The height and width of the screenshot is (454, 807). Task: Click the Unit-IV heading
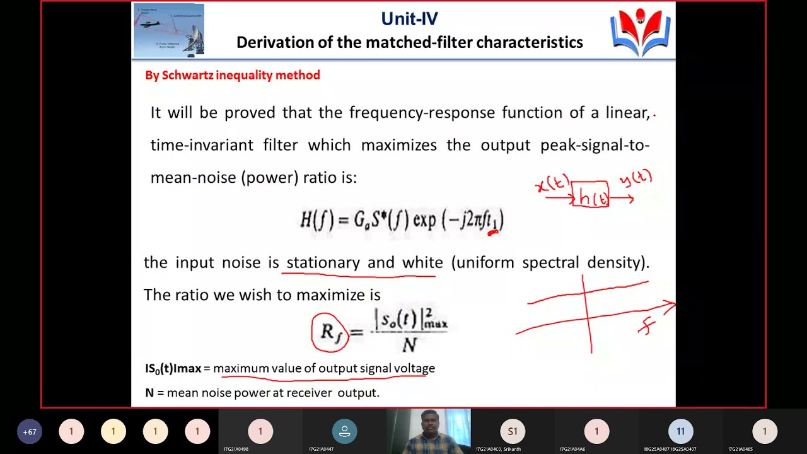tap(409, 19)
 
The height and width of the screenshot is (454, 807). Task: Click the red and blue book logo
tap(640, 32)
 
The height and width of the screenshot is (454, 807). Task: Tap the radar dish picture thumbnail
tap(169, 30)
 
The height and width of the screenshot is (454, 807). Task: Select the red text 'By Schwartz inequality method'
tap(233, 76)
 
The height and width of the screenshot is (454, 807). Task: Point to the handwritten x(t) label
tap(552, 184)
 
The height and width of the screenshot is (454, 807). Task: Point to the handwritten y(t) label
tap(636, 178)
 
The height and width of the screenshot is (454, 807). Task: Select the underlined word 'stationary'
tap(323, 262)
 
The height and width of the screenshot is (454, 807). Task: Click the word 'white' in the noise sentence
tap(422, 262)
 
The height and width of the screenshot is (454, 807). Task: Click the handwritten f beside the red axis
tap(647, 327)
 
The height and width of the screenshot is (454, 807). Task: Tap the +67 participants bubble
tap(29, 432)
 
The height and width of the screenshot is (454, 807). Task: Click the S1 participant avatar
tap(513, 431)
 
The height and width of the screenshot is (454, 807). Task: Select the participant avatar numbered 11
tap(680, 431)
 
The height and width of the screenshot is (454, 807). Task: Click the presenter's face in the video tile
tap(428, 424)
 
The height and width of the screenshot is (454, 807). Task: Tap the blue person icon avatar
tap(344, 431)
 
